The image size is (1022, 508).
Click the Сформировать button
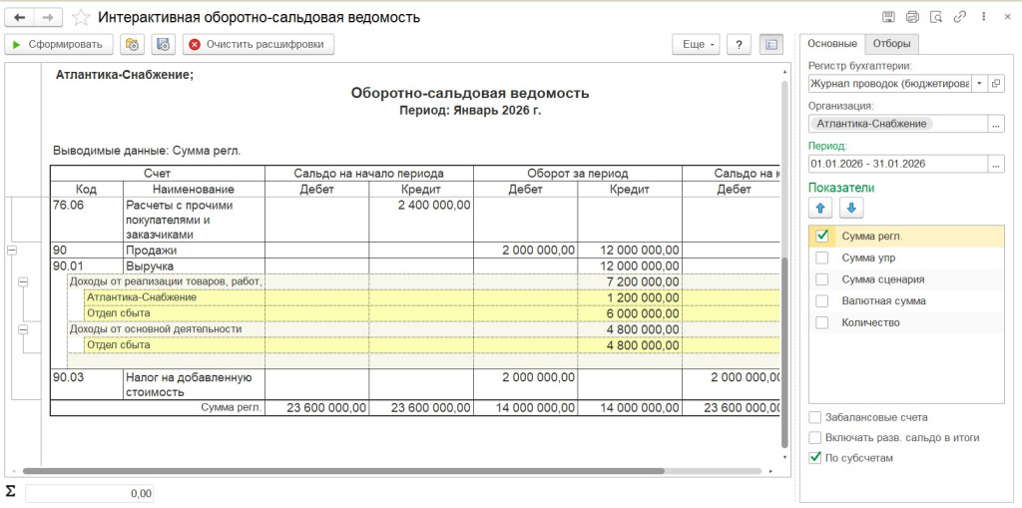(x=57, y=44)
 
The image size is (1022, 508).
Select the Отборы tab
(x=890, y=43)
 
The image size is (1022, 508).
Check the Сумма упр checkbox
(x=822, y=257)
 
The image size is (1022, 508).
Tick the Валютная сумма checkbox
(x=822, y=300)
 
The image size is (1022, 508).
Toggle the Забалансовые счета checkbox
(x=815, y=417)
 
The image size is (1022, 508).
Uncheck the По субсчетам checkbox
(x=815, y=458)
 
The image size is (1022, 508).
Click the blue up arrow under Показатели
(x=822, y=208)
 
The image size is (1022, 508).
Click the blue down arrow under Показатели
(x=852, y=208)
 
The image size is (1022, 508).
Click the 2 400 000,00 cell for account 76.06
(x=433, y=205)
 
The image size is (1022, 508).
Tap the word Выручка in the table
(x=150, y=266)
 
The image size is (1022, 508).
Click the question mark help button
(x=739, y=44)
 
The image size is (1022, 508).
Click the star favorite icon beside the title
(x=81, y=17)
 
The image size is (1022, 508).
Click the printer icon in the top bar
(x=912, y=17)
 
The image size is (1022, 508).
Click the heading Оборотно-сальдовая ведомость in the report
(x=470, y=94)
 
